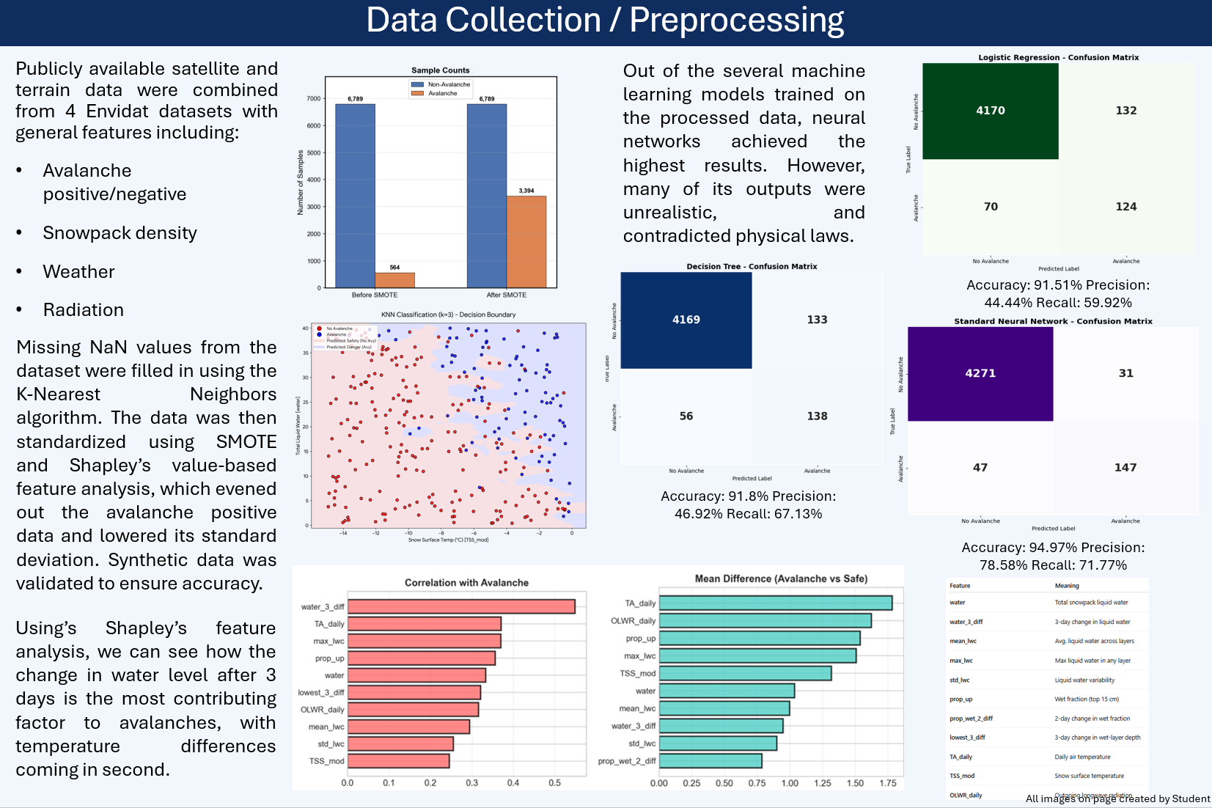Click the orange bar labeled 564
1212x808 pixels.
click(x=394, y=280)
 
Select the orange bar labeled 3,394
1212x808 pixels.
click(x=526, y=242)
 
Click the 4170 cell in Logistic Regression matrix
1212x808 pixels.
click(x=990, y=111)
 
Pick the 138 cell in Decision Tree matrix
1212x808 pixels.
click(x=817, y=416)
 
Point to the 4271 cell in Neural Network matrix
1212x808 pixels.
click(x=980, y=373)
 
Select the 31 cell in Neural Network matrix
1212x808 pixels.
click(x=1125, y=373)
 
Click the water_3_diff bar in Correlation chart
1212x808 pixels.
click(x=461, y=606)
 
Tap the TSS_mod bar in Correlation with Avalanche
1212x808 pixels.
click(x=398, y=761)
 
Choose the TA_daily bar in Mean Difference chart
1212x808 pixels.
click(x=775, y=603)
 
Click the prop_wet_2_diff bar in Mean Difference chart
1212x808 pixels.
click(x=710, y=761)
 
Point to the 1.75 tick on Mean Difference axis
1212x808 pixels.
click(x=888, y=783)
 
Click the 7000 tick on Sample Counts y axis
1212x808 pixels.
click(x=314, y=98)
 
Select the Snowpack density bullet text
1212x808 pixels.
click(x=120, y=233)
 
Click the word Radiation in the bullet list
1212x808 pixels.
click(x=83, y=310)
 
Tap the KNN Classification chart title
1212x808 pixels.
click(x=448, y=315)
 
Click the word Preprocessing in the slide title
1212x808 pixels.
click(x=736, y=21)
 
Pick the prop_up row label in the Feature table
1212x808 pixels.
click(x=961, y=699)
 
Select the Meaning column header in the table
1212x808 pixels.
click(x=1066, y=586)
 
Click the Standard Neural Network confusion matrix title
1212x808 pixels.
click(x=1052, y=321)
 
